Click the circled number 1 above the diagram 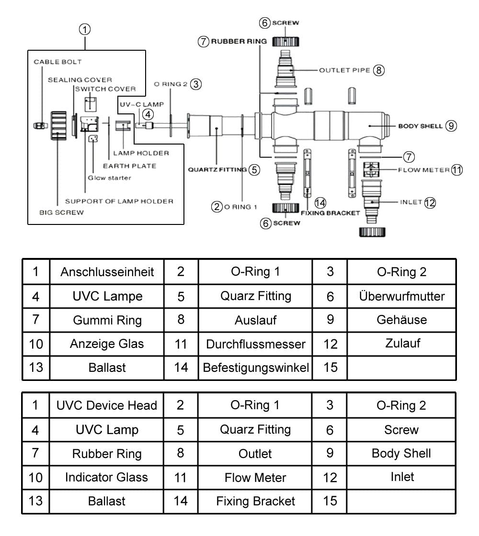(x=85, y=29)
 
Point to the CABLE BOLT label (x=57, y=62)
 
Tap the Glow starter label (x=109, y=178)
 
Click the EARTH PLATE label (x=129, y=166)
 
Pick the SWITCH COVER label (x=105, y=89)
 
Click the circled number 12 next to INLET (x=430, y=202)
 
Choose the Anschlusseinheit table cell (x=107, y=272)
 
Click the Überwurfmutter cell (x=402, y=296)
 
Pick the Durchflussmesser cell (x=256, y=344)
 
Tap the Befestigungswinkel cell (x=256, y=368)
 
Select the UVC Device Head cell (x=107, y=405)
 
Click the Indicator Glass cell (x=107, y=477)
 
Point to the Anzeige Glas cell (x=107, y=344)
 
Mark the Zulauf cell (x=402, y=343)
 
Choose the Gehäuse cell (x=402, y=320)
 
